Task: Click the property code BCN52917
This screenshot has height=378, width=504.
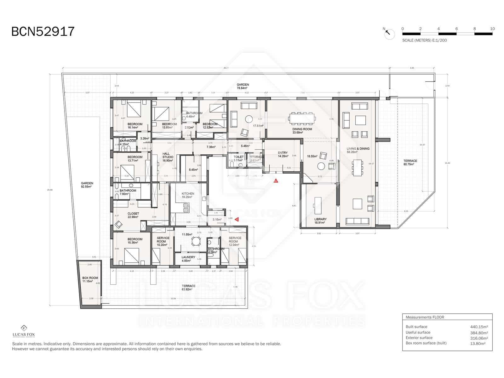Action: click(x=43, y=31)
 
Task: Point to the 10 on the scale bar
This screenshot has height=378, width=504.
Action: click(x=492, y=29)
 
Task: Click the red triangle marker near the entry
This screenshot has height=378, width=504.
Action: click(x=276, y=181)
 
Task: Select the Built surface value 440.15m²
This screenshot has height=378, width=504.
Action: click(x=479, y=327)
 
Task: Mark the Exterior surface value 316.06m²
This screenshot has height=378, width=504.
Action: click(x=479, y=338)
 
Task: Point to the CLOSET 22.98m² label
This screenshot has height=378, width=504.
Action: click(x=133, y=215)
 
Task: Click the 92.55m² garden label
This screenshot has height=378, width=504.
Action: click(x=87, y=185)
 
